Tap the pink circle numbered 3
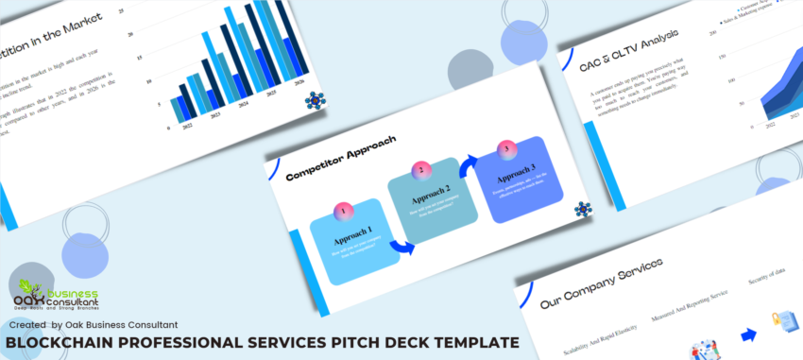coord(506,147)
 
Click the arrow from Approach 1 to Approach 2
coord(401,248)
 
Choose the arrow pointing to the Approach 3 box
coord(465,168)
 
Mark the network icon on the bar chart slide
coord(316,99)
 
